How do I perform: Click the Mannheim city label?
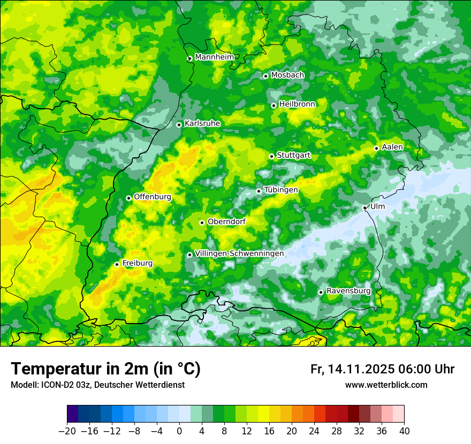tap(214, 57)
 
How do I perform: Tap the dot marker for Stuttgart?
tap(272, 156)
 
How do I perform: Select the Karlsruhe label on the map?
tap(202, 124)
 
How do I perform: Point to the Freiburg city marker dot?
tap(117, 264)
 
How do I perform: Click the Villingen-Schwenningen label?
tap(239, 254)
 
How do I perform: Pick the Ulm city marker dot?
tap(365, 208)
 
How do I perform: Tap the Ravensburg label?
tap(348, 291)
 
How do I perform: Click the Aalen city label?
tap(392, 147)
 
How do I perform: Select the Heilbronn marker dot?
tap(274, 105)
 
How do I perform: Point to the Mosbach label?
tap(287, 75)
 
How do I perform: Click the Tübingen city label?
tap(281, 190)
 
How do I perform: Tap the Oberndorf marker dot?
tap(202, 223)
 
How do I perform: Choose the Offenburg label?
tap(153, 197)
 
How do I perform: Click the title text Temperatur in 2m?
tap(105, 369)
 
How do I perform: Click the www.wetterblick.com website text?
tap(386, 385)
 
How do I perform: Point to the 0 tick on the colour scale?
tap(179, 431)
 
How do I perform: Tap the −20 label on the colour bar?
tap(67, 431)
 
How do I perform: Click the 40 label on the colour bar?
tap(404, 431)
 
